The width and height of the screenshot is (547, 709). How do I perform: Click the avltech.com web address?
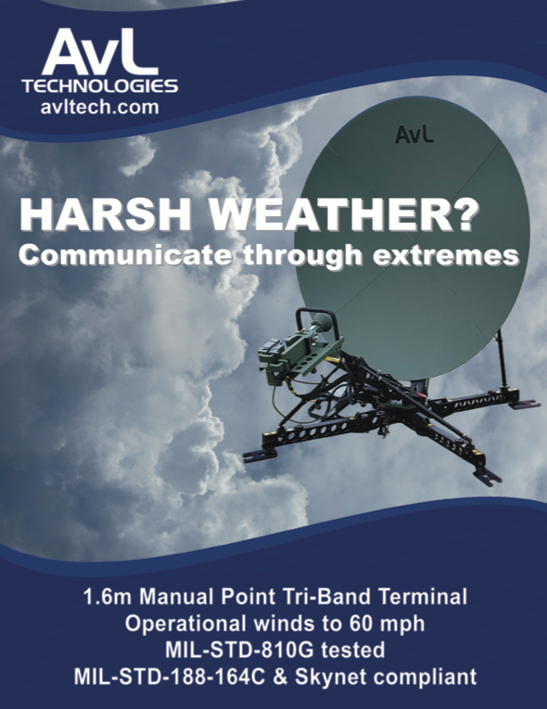(100, 107)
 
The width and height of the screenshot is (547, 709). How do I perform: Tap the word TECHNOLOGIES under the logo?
(100, 86)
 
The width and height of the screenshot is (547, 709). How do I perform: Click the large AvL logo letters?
(100, 52)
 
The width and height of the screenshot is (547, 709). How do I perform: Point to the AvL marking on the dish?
(413, 135)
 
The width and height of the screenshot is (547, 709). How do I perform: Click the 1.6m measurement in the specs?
(108, 597)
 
